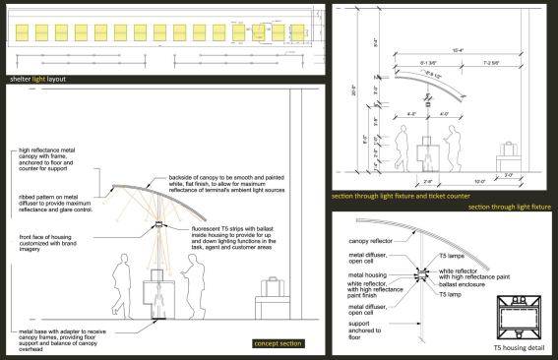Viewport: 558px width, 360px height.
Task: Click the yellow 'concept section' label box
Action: [x=279, y=342]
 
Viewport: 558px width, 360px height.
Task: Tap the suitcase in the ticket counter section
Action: [x=510, y=150]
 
